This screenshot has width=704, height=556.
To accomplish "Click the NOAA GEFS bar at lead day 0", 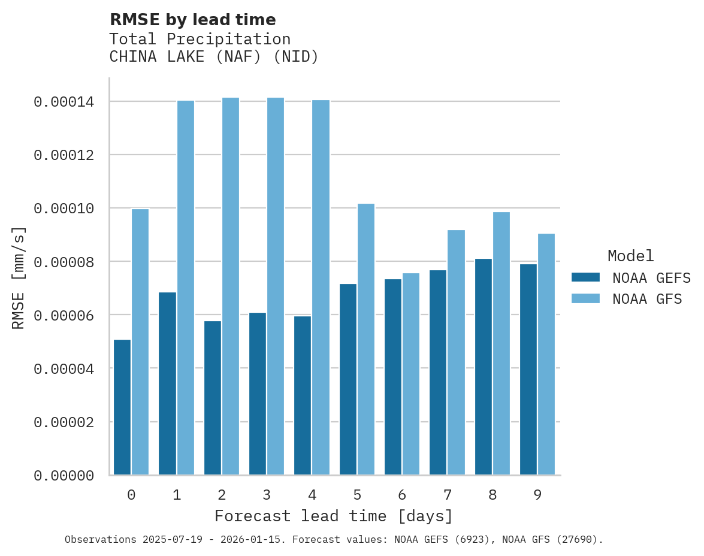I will coord(122,407).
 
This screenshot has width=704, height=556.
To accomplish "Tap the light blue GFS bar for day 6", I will coord(411,374).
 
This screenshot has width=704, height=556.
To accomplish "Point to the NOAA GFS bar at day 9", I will coord(546,354).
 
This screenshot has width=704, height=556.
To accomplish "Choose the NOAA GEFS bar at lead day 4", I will coord(303,395).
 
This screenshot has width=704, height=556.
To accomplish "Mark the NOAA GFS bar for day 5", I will coord(366,339).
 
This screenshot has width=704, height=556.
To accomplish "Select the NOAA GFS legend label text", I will coord(647,298).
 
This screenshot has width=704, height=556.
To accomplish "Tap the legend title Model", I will coord(630,256).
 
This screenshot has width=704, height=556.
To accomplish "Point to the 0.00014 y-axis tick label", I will coord(64,102).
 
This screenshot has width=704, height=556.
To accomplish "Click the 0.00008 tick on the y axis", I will coord(64,262).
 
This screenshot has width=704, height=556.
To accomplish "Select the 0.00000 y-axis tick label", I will coord(64,476).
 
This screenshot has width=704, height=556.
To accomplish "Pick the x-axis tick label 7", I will coord(448,495).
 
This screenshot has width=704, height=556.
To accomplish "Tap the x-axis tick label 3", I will coord(267,495).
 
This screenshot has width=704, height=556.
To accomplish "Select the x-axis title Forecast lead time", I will coord(334,516).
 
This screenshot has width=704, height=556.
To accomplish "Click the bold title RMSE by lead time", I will coord(192,20).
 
